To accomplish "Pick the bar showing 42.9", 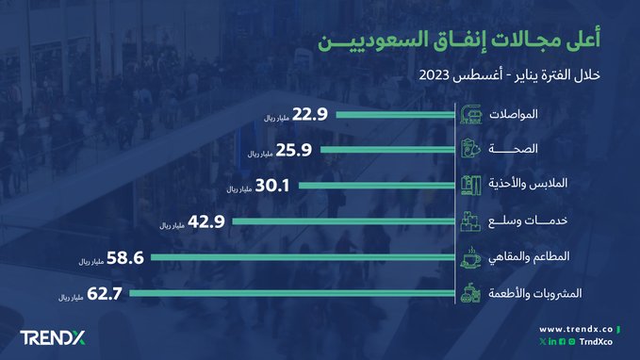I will point(345,221).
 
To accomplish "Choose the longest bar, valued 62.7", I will point(292,293).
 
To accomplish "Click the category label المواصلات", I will point(529,115).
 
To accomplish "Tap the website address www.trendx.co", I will point(577,329).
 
